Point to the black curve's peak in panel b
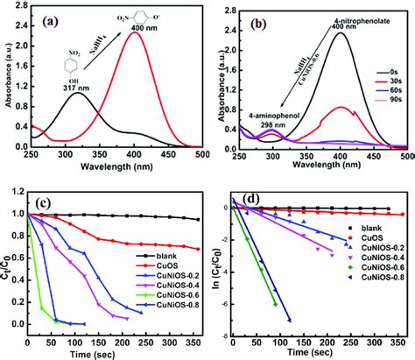[x=352, y=33]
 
